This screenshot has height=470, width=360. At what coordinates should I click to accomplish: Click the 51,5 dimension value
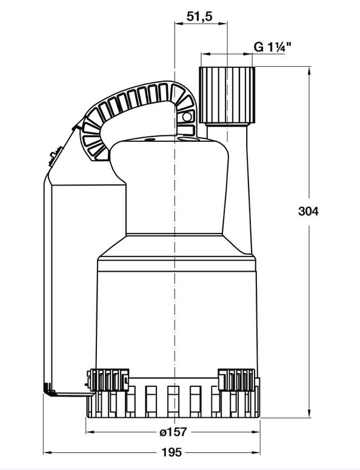(x=199, y=16)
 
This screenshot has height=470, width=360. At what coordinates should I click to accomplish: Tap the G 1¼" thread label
(x=273, y=47)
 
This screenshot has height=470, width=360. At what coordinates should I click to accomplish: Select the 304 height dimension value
(x=308, y=211)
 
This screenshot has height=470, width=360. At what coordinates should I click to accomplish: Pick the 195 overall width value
(x=172, y=452)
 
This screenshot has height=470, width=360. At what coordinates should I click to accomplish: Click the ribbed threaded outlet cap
(x=227, y=95)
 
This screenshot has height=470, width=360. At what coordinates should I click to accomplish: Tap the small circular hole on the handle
(x=187, y=116)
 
